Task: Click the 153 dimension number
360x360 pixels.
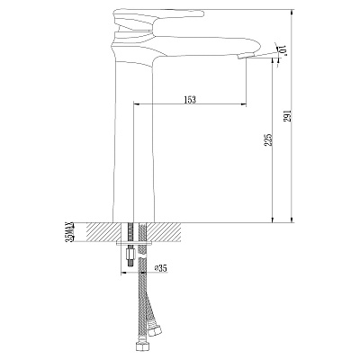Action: tap(190, 98)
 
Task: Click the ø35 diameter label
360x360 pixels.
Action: tap(163, 267)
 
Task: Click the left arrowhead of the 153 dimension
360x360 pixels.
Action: tap(137, 106)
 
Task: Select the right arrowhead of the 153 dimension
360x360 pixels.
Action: tap(246, 106)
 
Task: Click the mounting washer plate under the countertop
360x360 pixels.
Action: tap(135, 244)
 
